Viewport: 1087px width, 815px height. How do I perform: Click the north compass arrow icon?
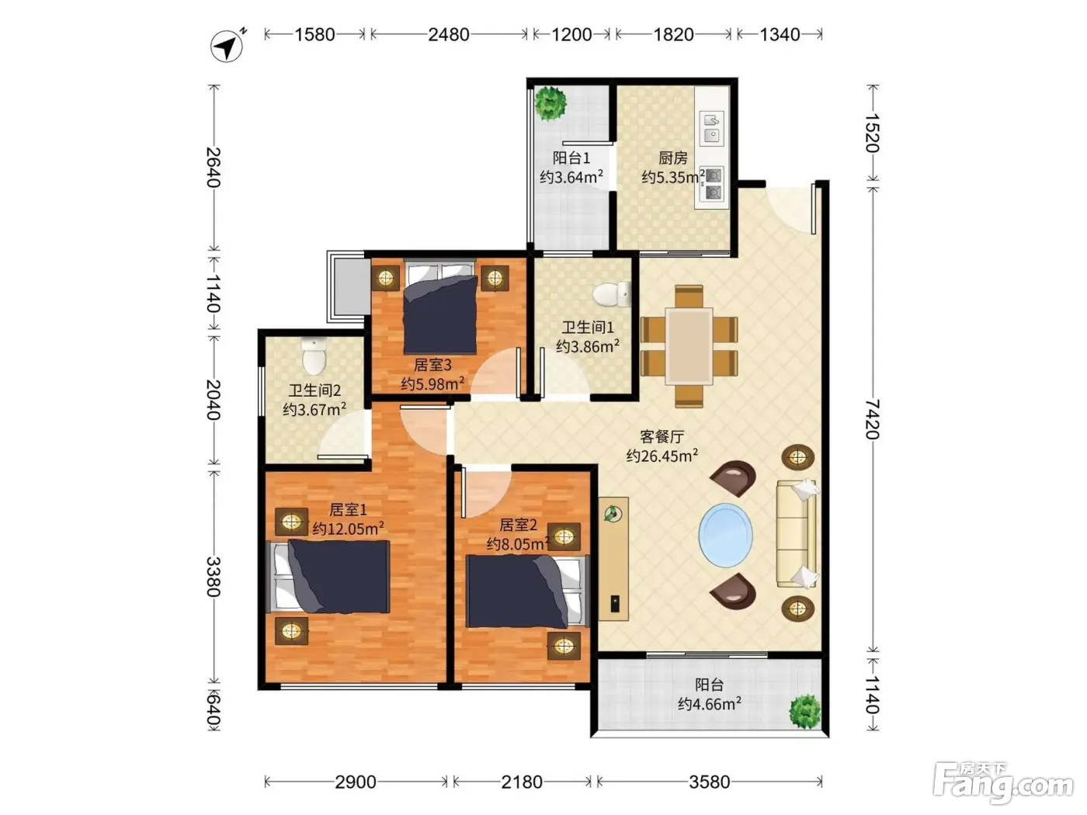pyautogui.click(x=227, y=46)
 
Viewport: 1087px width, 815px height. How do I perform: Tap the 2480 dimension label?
pyautogui.click(x=448, y=35)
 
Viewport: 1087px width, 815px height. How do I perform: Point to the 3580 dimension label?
pyautogui.click(x=709, y=782)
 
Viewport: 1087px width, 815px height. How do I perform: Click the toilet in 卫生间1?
pyautogui.click(x=612, y=294)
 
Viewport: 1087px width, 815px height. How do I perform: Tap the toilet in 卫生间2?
pyautogui.click(x=314, y=356)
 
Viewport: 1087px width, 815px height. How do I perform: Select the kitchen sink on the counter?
pyautogui.click(x=712, y=127)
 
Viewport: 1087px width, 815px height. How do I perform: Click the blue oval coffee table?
pyautogui.click(x=725, y=536)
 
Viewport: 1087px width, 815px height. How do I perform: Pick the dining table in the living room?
pyautogui.click(x=689, y=346)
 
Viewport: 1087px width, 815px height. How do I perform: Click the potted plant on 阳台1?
pyautogui.click(x=550, y=103)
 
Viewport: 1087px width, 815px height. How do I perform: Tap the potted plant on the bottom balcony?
pyautogui.click(x=804, y=712)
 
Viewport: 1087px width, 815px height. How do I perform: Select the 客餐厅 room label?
pyautogui.click(x=662, y=436)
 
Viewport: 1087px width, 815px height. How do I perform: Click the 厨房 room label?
pyautogui.click(x=672, y=158)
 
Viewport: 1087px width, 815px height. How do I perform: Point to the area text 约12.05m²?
pyautogui.click(x=348, y=529)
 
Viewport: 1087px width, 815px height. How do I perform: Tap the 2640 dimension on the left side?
pyautogui.click(x=214, y=167)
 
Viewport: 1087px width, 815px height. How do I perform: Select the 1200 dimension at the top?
pyautogui.click(x=571, y=35)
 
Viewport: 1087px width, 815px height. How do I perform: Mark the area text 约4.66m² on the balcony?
pyautogui.click(x=709, y=703)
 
